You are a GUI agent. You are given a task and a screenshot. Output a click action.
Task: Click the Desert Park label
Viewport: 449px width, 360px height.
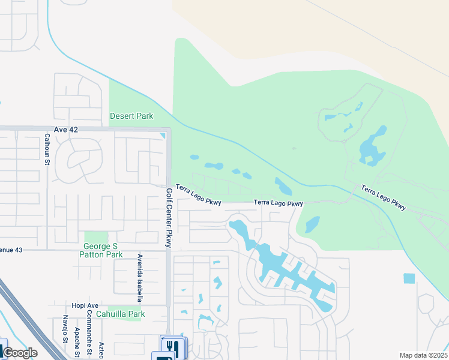point(131,116)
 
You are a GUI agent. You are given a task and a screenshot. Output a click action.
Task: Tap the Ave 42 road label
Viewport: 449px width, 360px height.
point(65,130)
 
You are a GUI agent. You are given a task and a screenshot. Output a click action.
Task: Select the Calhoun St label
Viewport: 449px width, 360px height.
point(46,149)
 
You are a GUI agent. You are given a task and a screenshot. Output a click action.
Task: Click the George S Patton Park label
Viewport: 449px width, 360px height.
point(101,250)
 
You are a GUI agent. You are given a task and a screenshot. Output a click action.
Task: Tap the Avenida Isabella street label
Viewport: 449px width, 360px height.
point(139,277)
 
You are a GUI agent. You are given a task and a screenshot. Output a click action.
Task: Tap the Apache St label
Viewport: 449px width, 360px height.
point(77,338)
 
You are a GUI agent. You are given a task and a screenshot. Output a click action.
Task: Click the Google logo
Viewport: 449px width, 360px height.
point(20,353)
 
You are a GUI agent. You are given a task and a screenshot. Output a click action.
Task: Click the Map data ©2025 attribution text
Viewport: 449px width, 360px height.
point(423,355)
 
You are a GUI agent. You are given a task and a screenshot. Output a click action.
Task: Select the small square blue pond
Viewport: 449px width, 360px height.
point(409,278)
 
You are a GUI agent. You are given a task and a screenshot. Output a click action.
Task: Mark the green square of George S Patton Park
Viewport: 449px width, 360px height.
point(95,237)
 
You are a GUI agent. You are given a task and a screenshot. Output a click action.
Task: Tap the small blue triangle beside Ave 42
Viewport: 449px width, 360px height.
point(163,136)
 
